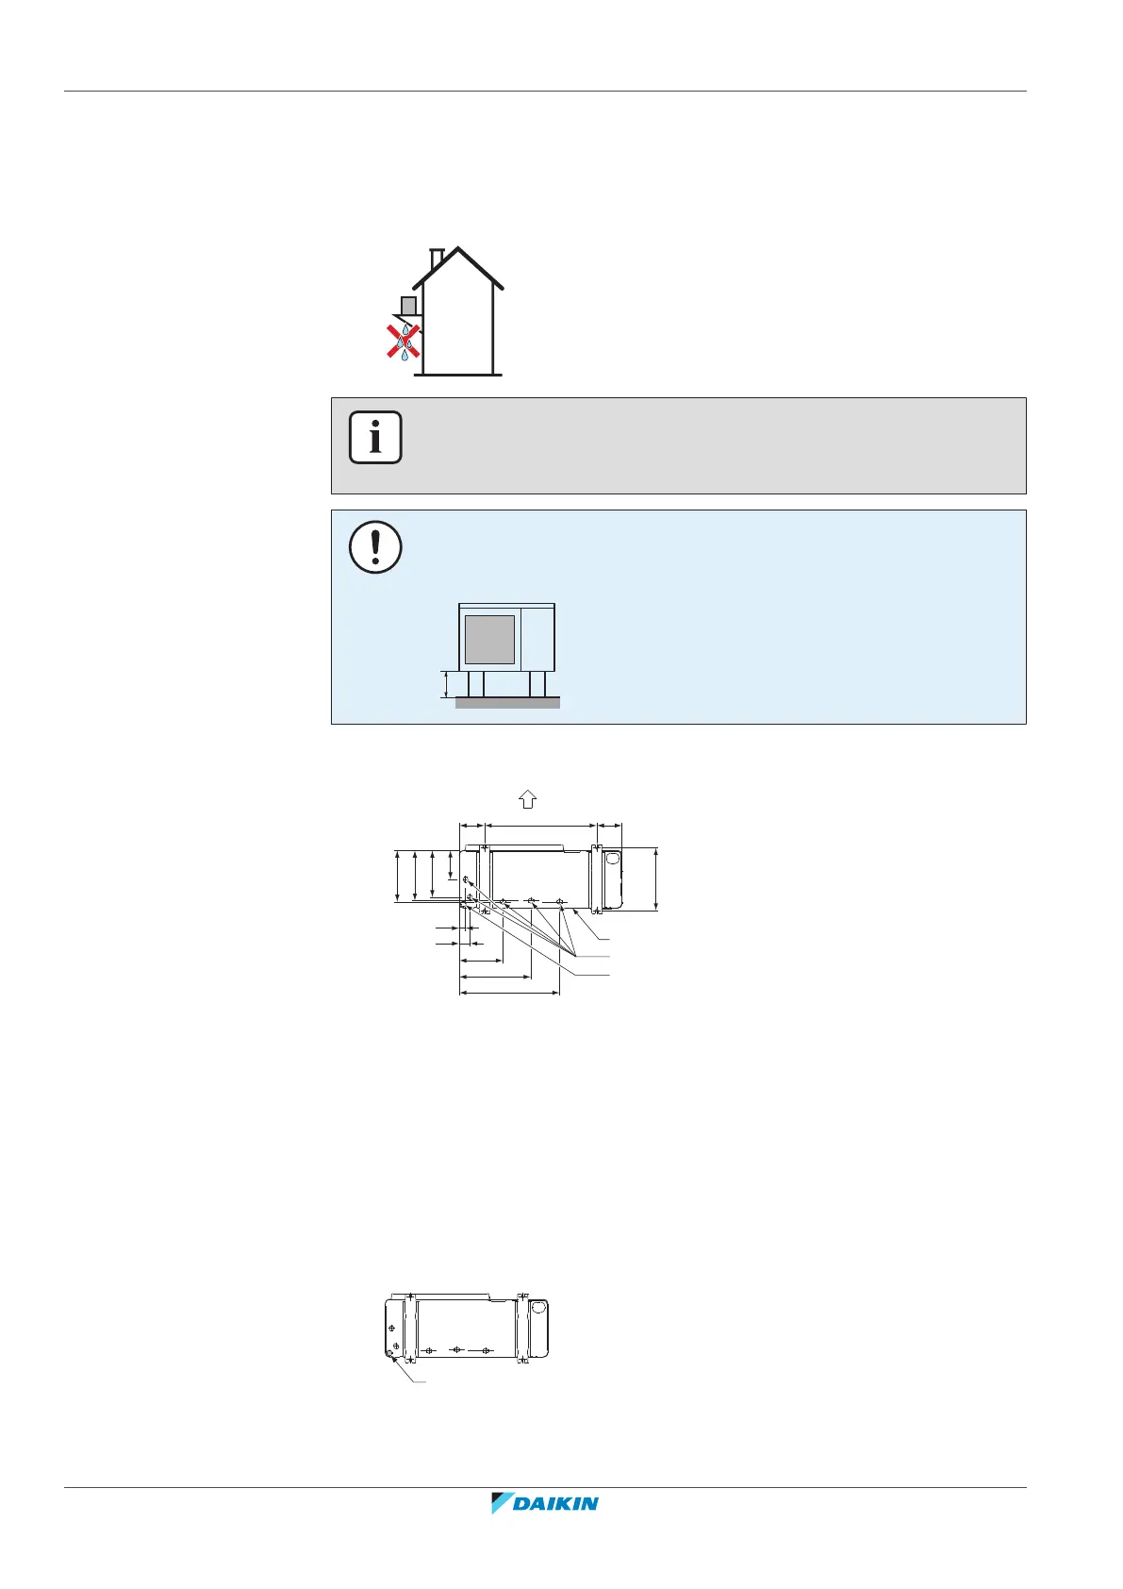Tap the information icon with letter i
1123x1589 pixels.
pyautogui.click(x=375, y=438)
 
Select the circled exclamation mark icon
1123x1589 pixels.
pyautogui.click(x=375, y=547)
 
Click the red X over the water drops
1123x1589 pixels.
pyautogui.click(x=404, y=342)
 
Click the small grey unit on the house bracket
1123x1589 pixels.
pyautogui.click(x=408, y=306)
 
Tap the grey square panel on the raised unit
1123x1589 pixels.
pyautogui.click(x=489, y=639)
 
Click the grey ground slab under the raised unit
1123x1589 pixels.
pyautogui.click(x=507, y=702)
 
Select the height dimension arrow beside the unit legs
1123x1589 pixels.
pyautogui.click(x=446, y=684)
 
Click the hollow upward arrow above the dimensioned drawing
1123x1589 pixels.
pyautogui.click(x=527, y=799)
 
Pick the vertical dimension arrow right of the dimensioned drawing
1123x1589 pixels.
pyautogui.click(x=656, y=879)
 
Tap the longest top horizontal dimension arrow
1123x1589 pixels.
pyautogui.click(x=540, y=825)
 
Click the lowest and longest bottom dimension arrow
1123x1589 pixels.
pyautogui.click(x=509, y=993)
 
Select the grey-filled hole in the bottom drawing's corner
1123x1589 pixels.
pyautogui.click(x=390, y=1355)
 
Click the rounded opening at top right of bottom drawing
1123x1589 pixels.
pyautogui.click(x=538, y=1308)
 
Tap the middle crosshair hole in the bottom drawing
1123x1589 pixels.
pyautogui.click(x=456, y=1350)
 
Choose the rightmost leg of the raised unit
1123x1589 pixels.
pyautogui.click(x=537, y=683)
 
